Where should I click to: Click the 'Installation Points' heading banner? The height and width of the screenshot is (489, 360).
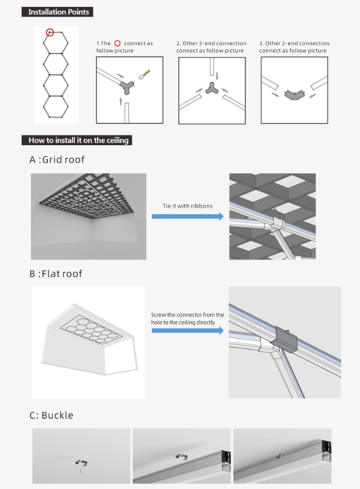click(57, 11)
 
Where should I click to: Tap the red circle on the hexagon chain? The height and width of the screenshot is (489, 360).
click(49, 32)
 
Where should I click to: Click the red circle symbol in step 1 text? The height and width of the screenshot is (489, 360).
click(118, 44)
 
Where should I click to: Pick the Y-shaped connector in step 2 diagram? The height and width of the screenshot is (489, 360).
click(210, 89)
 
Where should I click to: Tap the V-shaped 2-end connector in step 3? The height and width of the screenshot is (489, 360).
click(294, 96)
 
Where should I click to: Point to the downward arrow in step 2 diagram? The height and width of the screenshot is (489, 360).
click(217, 76)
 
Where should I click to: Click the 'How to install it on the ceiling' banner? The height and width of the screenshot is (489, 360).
click(77, 140)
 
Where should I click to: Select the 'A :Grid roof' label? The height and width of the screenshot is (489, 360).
click(57, 160)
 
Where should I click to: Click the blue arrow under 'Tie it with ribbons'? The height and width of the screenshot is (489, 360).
click(188, 217)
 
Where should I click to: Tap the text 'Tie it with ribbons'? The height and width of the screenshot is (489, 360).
click(188, 206)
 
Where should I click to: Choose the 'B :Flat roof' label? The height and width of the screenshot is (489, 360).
click(56, 274)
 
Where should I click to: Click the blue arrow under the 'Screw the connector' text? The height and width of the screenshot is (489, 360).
click(188, 330)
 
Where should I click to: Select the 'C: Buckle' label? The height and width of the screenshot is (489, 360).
click(51, 415)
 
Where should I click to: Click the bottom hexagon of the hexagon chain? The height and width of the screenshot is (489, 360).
click(56, 106)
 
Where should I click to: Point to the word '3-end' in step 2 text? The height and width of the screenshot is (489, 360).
click(202, 44)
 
